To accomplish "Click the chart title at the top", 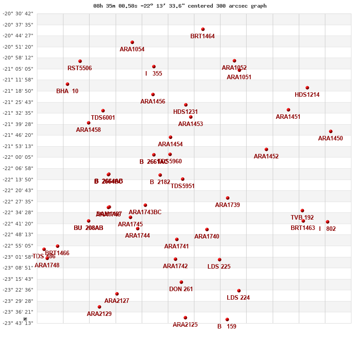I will [x=180, y=6].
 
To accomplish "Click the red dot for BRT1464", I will [x=203, y=29].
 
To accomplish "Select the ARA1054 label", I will [x=132, y=49].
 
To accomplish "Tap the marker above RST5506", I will [x=80, y=61].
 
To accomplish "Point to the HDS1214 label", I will [x=307, y=94].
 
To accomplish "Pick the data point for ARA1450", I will [x=331, y=131].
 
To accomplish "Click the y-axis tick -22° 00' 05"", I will [x=18, y=157].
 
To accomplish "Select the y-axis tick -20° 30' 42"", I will [x=18, y=13].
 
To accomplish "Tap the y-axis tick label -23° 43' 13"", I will [x=18, y=323].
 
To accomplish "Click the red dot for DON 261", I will [x=181, y=282].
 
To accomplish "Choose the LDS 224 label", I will [x=238, y=297].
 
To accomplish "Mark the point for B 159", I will [x=227, y=319].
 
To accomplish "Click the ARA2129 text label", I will [x=99, y=314].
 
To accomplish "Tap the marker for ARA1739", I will [x=228, y=198].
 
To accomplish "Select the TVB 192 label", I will [x=302, y=217].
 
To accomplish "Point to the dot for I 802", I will [x=328, y=222].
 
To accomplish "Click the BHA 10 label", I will [x=67, y=91].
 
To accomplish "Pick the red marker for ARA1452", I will [x=266, y=149].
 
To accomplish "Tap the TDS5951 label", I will [x=182, y=186].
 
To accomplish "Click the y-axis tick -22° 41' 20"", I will [x=18, y=224].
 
